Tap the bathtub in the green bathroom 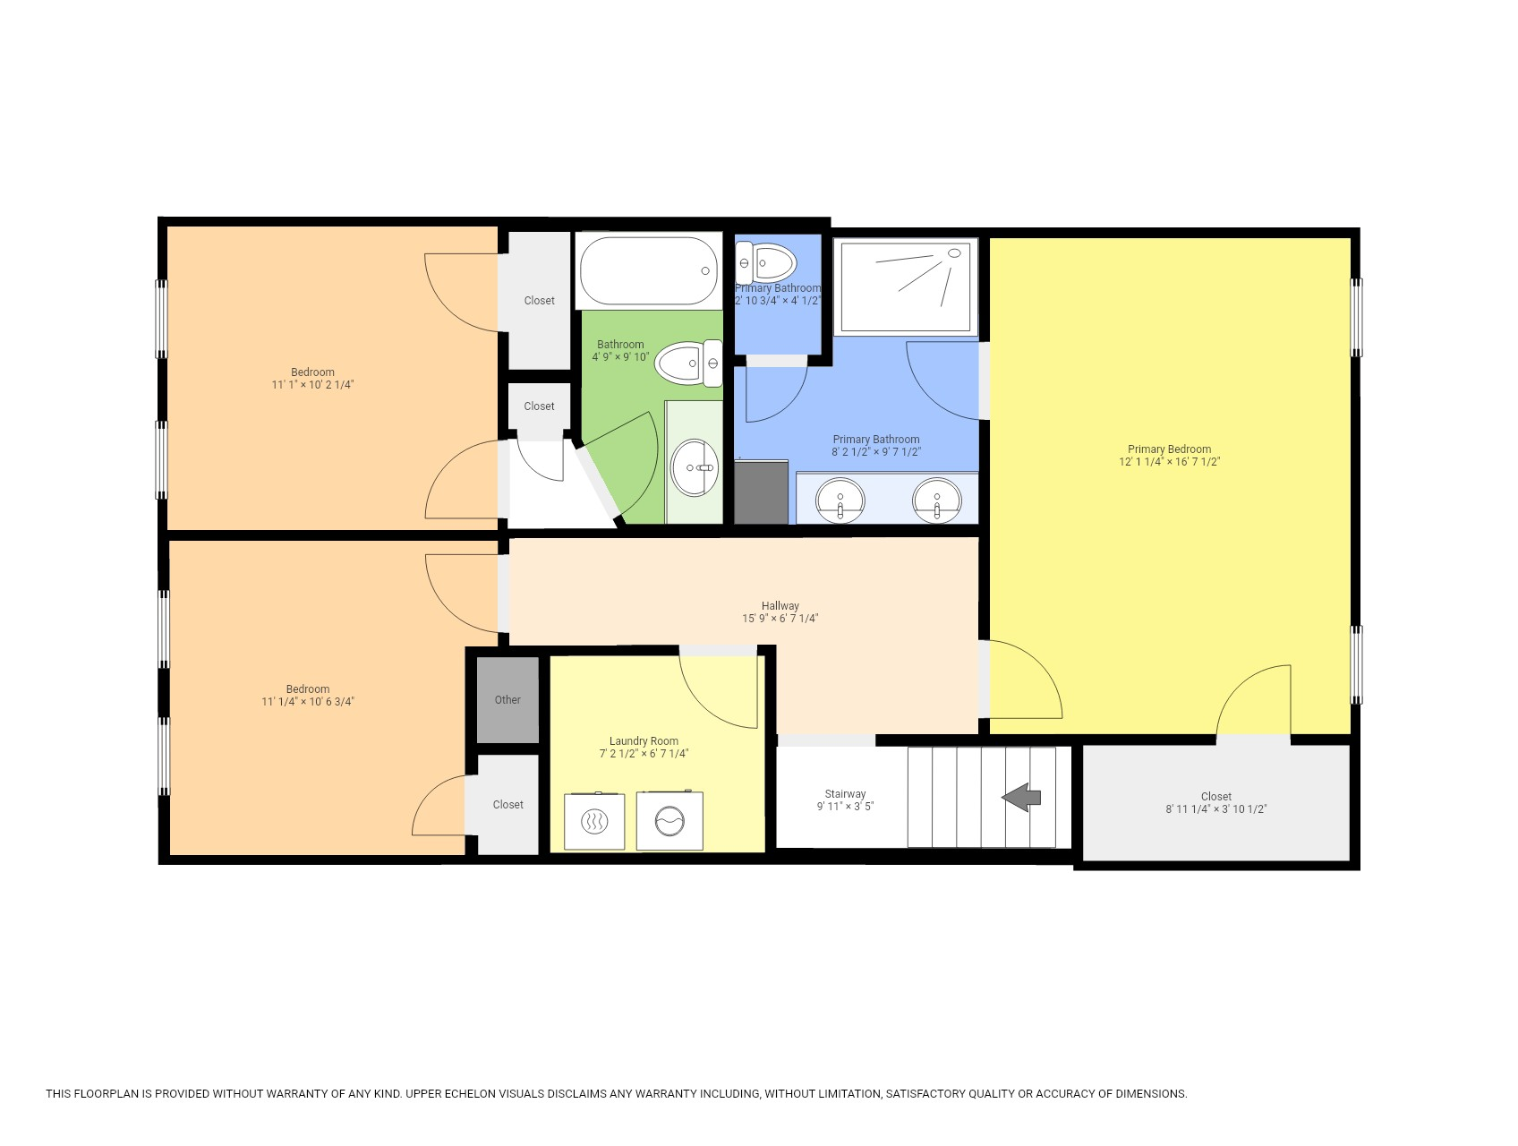648,270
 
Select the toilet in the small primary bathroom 768,263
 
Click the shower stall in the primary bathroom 905,286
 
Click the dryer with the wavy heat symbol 593,821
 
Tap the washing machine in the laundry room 669,821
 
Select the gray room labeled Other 507,700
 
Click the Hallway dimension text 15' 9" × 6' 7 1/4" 780,619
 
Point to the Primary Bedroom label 1169,449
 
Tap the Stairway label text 845,794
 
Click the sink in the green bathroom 695,467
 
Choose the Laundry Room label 644,741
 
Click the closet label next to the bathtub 539,301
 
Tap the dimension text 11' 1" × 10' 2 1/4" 312,385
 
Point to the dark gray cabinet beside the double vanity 761,492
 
